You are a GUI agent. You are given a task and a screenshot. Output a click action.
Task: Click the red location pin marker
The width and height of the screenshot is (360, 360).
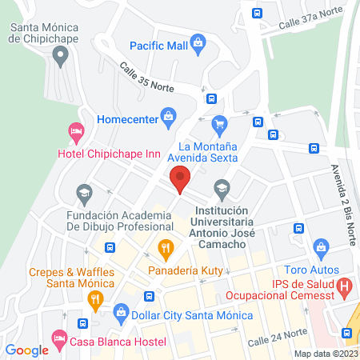pyautogui.click(x=179, y=179)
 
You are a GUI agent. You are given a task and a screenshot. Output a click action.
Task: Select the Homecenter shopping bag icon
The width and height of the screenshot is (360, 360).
pyautogui.click(x=168, y=119)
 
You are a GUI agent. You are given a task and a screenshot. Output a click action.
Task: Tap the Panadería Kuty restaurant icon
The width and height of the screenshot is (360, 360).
pyautogui.click(x=166, y=248)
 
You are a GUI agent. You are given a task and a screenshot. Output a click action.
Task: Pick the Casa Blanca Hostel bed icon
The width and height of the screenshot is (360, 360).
pyautogui.click(x=59, y=340)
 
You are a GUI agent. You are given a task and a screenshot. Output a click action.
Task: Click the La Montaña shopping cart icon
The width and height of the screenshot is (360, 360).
pyautogui.click(x=220, y=124)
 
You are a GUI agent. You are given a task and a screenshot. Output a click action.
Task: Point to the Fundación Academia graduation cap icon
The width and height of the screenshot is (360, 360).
pyautogui.click(x=83, y=193)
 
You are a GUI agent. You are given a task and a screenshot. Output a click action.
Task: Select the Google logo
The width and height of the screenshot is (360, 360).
pyautogui.click(x=27, y=350)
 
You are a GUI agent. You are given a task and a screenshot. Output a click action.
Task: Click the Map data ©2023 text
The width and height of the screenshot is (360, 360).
pyautogui.click(x=325, y=353)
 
